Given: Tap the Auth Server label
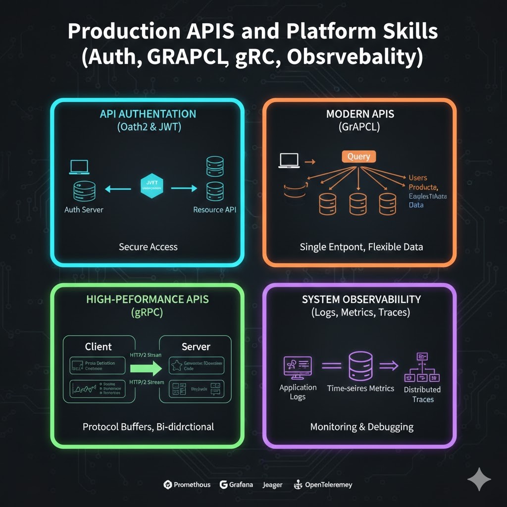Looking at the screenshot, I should click(x=84, y=209).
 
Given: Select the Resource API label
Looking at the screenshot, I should click(x=214, y=209).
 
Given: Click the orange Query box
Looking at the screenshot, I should click(x=358, y=156).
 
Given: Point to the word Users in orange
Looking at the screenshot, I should click(x=418, y=178).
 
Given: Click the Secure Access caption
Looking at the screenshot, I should click(x=148, y=247).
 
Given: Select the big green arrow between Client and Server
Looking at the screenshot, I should click(x=146, y=368).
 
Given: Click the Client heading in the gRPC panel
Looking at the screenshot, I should click(x=99, y=347).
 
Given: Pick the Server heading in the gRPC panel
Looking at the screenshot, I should click(x=196, y=347).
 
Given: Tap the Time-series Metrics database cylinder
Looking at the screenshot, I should click(x=360, y=365).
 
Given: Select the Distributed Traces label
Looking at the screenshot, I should click(x=422, y=394).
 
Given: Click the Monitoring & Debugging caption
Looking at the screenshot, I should click(x=361, y=427).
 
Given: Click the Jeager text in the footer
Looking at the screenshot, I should click(x=273, y=485).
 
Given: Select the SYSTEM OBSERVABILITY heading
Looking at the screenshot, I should click(x=361, y=299).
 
